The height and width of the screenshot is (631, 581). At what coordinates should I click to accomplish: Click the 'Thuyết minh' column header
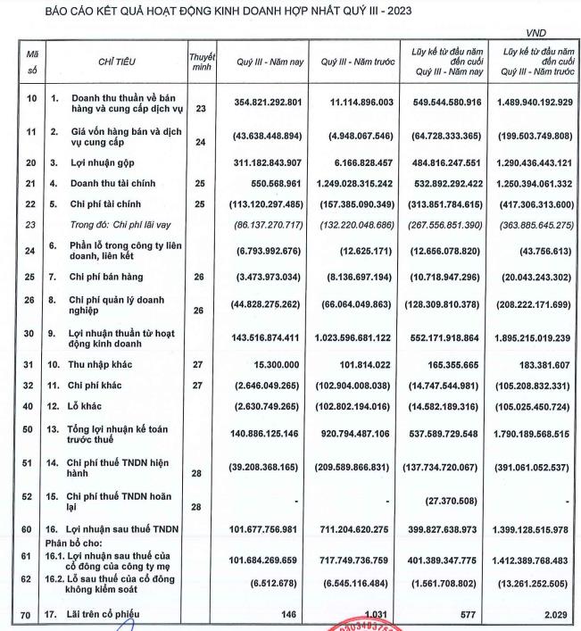point(202,62)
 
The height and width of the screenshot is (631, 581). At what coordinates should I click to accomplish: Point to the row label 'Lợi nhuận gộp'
point(103,163)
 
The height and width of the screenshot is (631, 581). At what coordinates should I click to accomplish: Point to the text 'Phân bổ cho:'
point(74,544)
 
